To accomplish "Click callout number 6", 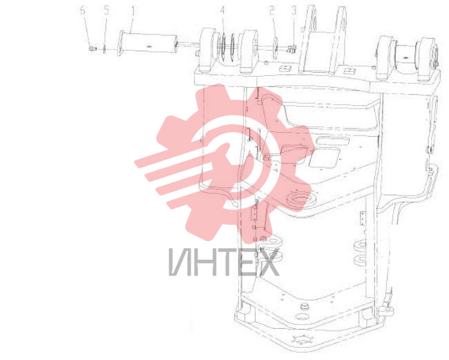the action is pyautogui.click(x=82, y=11).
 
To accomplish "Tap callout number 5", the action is pyautogui.click(x=106, y=11).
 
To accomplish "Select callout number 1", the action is pyautogui.click(x=133, y=11).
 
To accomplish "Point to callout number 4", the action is pyautogui.click(x=222, y=11).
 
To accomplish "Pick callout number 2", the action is pyautogui.click(x=271, y=11).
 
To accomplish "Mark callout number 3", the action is pyautogui.click(x=294, y=11).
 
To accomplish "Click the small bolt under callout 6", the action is pyautogui.click(x=92, y=49).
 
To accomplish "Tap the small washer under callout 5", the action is pyautogui.click(x=104, y=50).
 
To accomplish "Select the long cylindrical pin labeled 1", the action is pyautogui.click(x=148, y=44).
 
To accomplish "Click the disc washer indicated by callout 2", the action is pyautogui.click(x=275, y=48).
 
